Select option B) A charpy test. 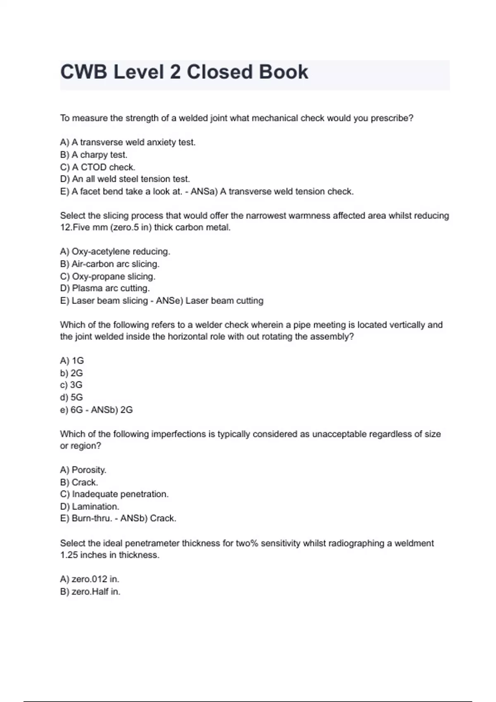click(x=94, y=155)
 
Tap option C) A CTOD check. click(x=98, y=167)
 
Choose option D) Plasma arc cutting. click(x=105, y=288)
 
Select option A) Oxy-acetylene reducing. click(x=115, y=251)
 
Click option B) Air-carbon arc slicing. click(x=110, y=264)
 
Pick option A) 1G click(x=72, y=360)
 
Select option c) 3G click(x=71, y=385)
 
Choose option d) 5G click(x=72, y=397)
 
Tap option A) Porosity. click(x=83, y=470)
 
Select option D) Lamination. click(x=89, y=507)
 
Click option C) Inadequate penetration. click(x=114, y=494)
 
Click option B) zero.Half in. click(x=90, y=592)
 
